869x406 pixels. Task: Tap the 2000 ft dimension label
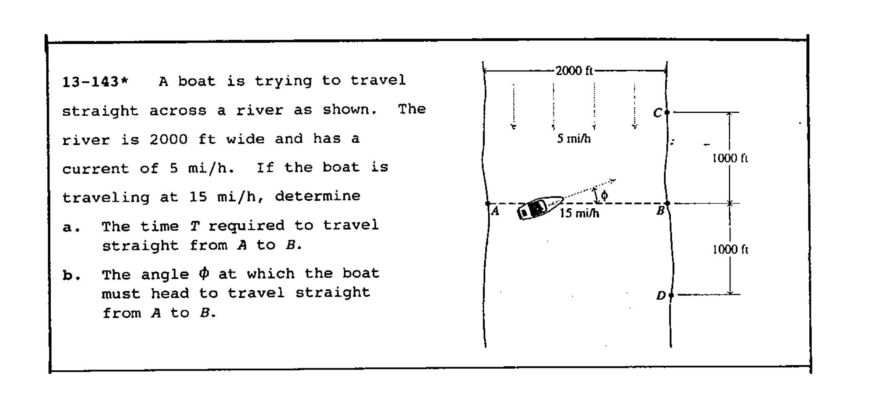[574, 71]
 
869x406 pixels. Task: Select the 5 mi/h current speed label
[573, 139]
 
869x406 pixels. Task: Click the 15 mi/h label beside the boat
[579, 213]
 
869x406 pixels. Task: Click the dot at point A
[488, 203]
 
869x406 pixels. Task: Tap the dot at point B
[667, 203]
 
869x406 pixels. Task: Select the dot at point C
[667, 112]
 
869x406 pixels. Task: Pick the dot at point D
[671, 295]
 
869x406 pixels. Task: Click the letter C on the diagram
[657, 113]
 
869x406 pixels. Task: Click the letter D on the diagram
[661, 296]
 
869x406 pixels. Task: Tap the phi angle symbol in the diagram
[604, 196]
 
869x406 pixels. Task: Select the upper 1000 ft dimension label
[730, 158]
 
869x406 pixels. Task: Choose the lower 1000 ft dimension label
[730, 249]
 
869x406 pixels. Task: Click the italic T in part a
[195, 226]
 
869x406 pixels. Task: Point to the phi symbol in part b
[204, 274]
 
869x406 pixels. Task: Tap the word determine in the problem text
[318, 197]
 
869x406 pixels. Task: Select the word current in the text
[95, 168]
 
